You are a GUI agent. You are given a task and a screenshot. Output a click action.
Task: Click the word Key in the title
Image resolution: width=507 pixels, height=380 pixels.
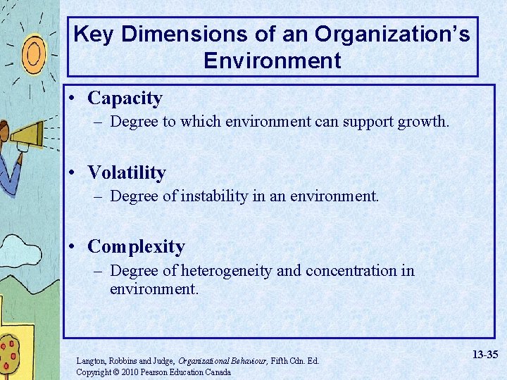pyautogui.click(x=93, y=34)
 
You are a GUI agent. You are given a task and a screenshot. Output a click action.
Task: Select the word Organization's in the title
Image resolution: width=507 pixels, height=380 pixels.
pyautogui.click(x=392, y=34)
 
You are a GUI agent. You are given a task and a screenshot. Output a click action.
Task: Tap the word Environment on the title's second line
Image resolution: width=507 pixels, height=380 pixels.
pyautogui.click(x=272, y=61)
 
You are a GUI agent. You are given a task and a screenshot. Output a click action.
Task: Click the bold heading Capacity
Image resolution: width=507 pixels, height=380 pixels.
pyautogui.click(x=125, y=99)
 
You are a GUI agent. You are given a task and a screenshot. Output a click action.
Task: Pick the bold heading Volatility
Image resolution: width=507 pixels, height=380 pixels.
pyautogui.click(x=127, y=172)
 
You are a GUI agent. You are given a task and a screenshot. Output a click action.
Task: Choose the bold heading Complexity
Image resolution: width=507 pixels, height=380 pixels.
pyautogui.click(x=136, y=246)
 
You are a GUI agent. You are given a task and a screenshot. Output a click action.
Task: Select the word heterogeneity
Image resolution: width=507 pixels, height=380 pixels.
pyautogui.click(x=229, y=270)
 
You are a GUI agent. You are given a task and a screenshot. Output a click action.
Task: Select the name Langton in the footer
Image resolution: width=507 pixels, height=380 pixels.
pyautogui.click(x=91, y=361)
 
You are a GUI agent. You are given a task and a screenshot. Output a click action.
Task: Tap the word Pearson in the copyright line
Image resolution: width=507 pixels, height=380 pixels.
pyautogui.click(x=158, y=372)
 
